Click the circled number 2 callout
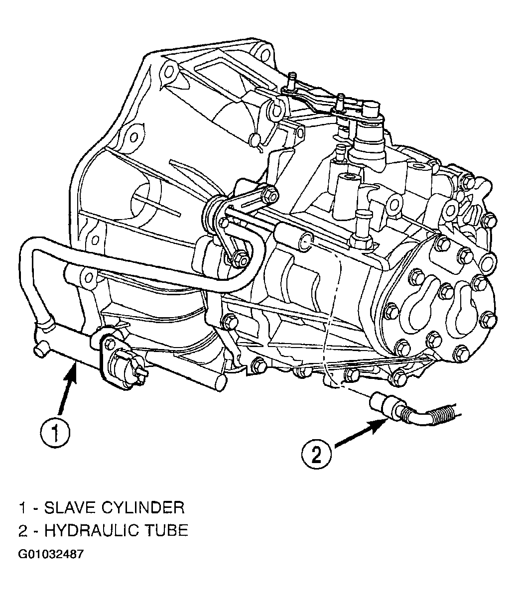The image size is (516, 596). pyautogui.click(x=316, y=454)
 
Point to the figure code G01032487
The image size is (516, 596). pyautogui.click(x=51, y=554)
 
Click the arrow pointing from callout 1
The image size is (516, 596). pyautogui.click(x=68, y=388)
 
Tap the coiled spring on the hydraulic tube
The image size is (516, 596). pyautogui.click(x=441, y=412)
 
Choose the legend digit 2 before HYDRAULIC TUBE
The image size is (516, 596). pyautogui.click(x=23, y=531)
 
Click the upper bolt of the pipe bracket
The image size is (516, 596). pyautogui.click(x=271, y=195)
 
